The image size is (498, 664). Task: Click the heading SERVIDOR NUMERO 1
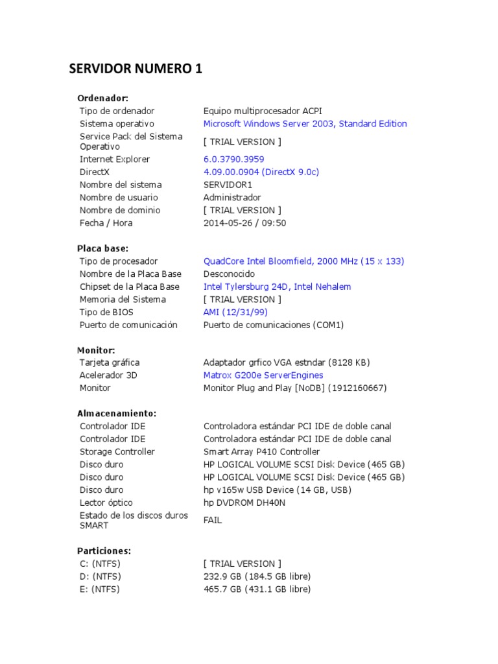[x=136, y=69]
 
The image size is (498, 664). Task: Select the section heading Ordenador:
[x=102, y=98]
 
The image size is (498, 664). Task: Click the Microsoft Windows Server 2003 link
[x=305, y=123]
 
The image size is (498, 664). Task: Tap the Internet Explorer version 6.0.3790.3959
[x=233, y=159]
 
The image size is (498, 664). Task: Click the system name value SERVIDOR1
[x=228, y=185]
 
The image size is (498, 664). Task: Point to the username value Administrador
[x=232, y=197]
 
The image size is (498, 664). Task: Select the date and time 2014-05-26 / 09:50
[x=244, y=222]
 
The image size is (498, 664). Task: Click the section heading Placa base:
[x=102, y=248]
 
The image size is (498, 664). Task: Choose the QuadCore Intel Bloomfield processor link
[x=303, y=261]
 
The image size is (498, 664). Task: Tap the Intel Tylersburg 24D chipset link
[x=277, y=287]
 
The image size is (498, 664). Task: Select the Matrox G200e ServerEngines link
[x=263, y=375]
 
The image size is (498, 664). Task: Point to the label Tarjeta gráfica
[x=109, y=362]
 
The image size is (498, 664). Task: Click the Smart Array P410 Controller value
[x=261, y=451]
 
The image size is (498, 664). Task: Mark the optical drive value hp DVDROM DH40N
[x=244, y=503]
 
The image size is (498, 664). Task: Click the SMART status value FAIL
[x=212, y=520]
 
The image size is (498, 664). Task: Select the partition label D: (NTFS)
[x=100, y=576]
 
